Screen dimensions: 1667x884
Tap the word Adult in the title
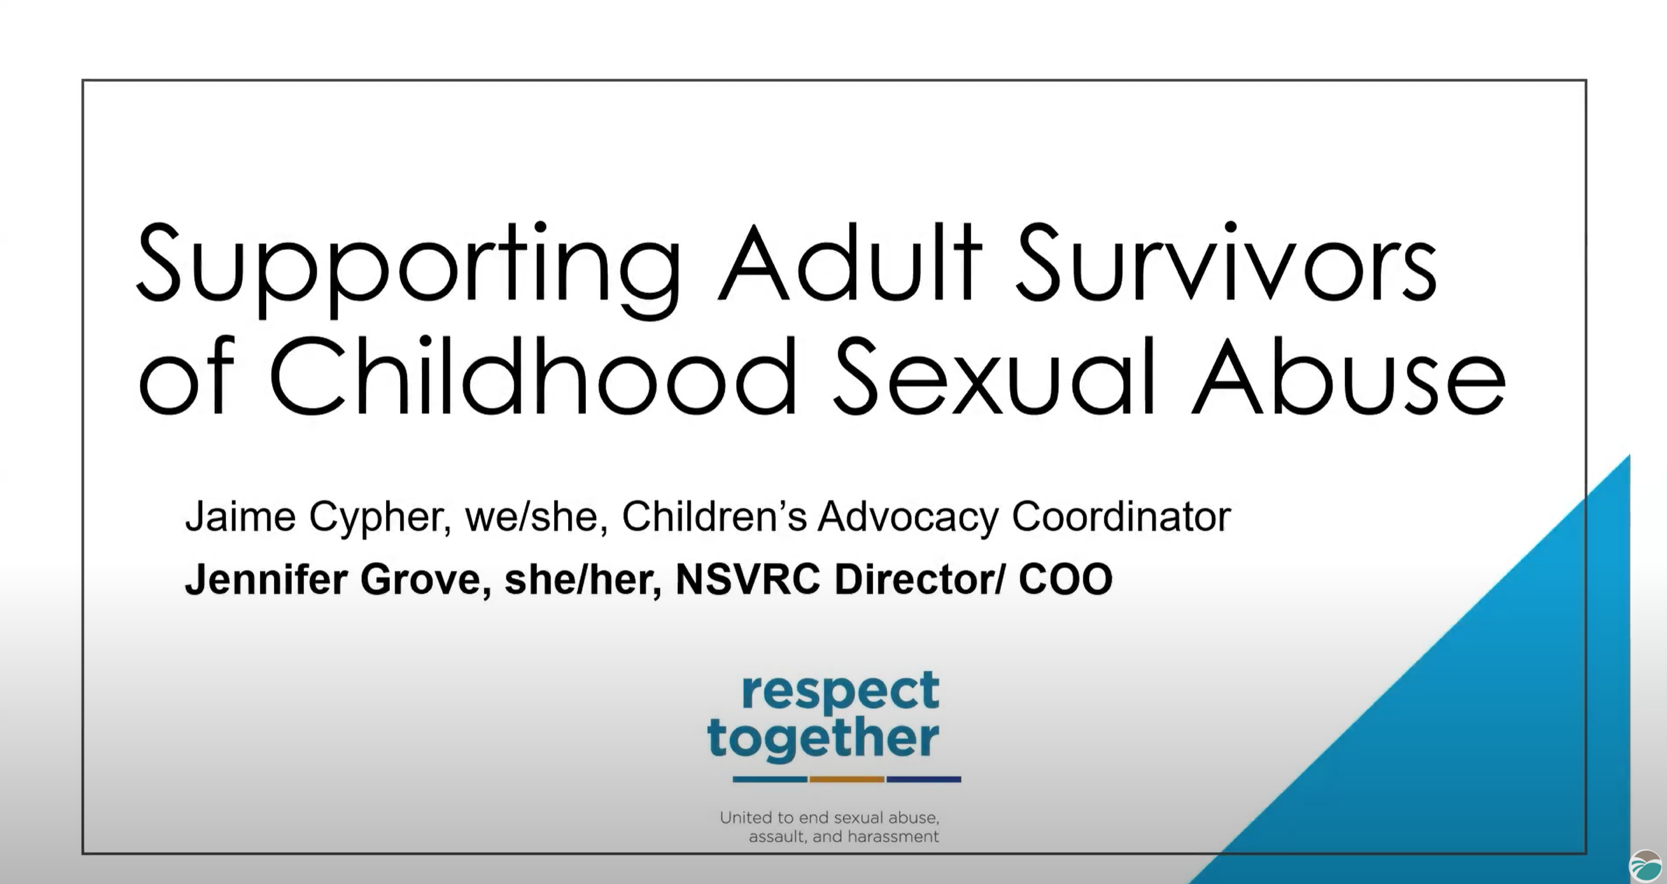(x=850, y=263)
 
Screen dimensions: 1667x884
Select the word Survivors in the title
(x=1227, y=263)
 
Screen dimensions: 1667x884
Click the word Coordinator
(x=1121, y=517)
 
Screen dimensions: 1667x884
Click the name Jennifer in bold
(x=266, y=579)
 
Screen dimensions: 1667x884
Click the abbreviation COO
(x=1065, y=579)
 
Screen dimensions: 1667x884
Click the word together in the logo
(x=823, y=739)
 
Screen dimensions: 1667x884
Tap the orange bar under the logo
(x=847, y=779)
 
